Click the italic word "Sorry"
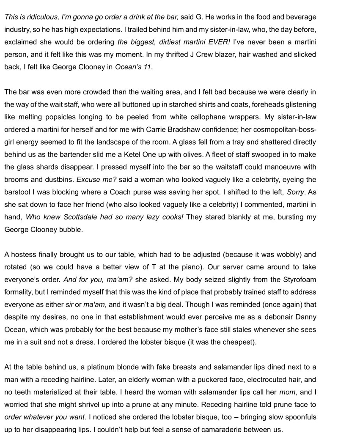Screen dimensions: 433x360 coord(296,192)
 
